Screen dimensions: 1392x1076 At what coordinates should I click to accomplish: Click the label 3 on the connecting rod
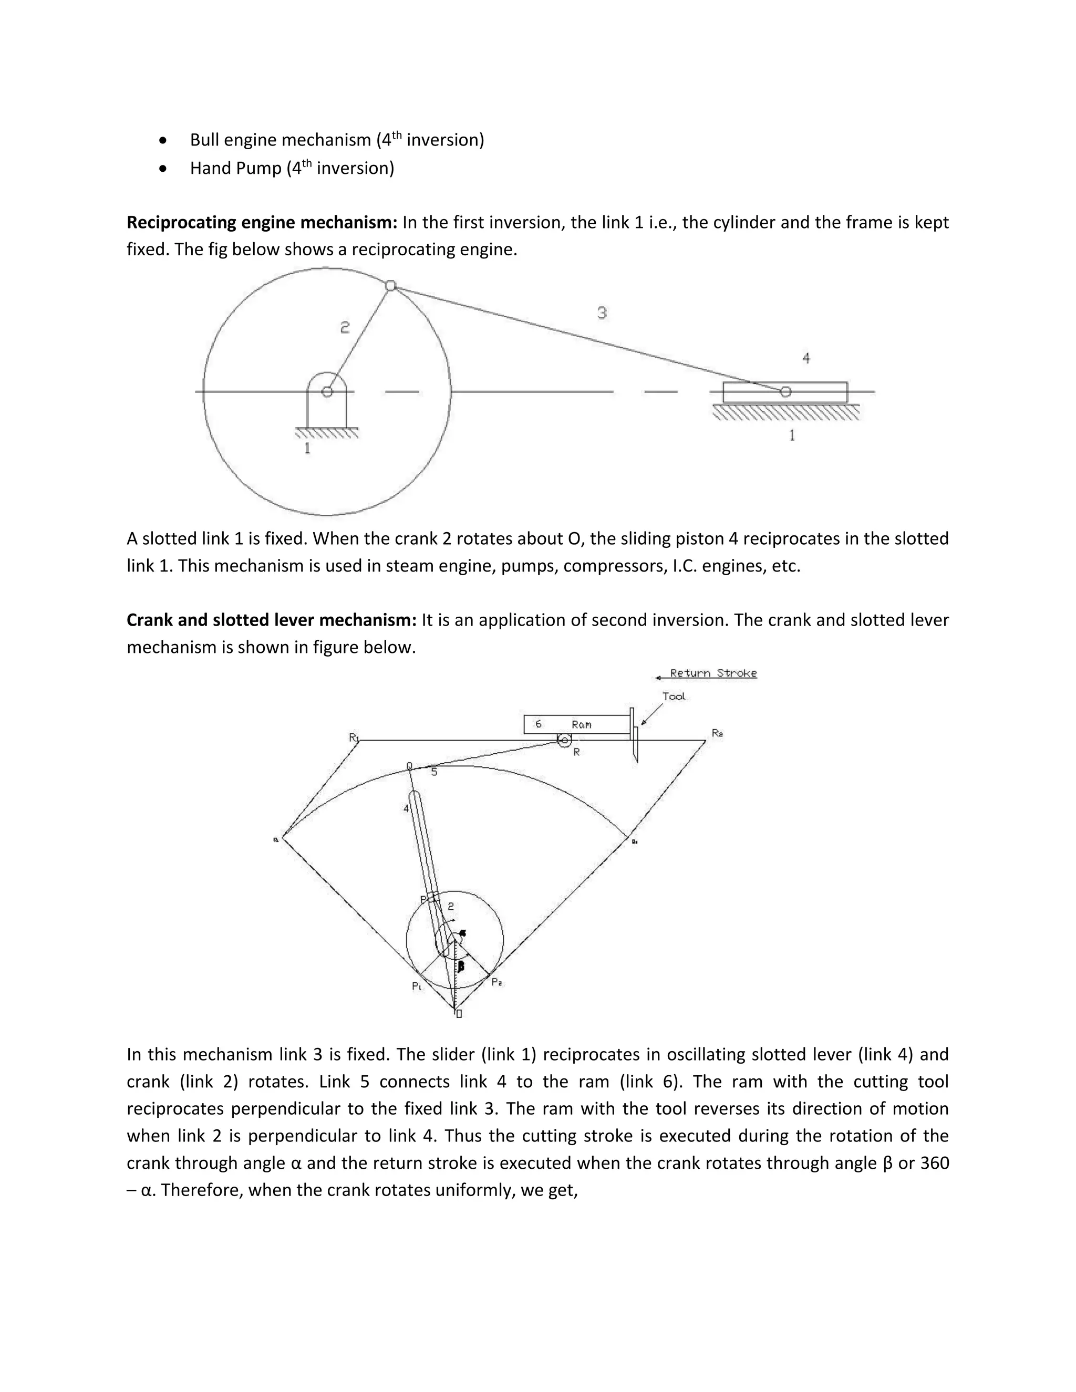point(602,313)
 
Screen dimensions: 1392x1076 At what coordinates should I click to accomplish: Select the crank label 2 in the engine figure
point(345,328)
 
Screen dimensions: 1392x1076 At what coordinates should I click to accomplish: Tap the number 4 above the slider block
point(806,358)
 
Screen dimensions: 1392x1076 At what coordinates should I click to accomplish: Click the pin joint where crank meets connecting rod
point(391,286)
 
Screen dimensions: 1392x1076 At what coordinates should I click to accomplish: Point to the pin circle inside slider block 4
point(785,391)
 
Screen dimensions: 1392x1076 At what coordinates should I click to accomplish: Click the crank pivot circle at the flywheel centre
point(327,391)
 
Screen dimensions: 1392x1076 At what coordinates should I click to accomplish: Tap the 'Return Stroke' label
point(712,673)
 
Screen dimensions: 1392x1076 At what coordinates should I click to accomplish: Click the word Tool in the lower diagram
point(673,696)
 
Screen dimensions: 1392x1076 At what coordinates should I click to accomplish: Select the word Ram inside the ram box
point(582,725)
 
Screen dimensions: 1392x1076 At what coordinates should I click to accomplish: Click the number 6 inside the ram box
point(539,724)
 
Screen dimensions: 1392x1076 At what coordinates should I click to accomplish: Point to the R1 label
point(354,737)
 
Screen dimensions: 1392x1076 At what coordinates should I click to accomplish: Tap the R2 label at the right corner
point(717,734)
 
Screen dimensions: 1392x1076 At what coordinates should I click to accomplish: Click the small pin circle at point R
point(564,741)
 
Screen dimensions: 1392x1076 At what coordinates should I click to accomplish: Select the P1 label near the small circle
point(417,986)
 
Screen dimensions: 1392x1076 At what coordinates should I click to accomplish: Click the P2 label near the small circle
point(496,983)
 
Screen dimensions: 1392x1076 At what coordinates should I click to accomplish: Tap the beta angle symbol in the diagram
point(461,966)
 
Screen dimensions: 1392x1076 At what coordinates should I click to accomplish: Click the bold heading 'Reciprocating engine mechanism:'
point(262,222)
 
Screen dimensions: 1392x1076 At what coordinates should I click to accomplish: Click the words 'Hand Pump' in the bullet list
point(235,168)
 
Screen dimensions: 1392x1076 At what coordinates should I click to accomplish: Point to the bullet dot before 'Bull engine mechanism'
point(164,140)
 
